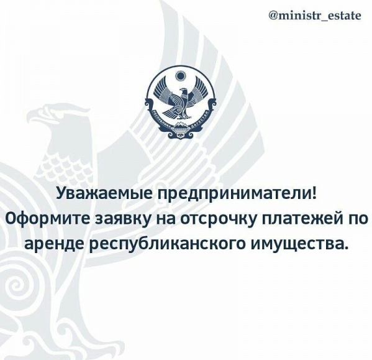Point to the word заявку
[124, 219]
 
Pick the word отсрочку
[219, 219]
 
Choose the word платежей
[304, 218]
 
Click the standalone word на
[166, 219]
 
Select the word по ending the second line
[359, 219]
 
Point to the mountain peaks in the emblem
[180, 125]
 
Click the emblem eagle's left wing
[163, 91]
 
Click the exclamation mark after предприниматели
[314, 193]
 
